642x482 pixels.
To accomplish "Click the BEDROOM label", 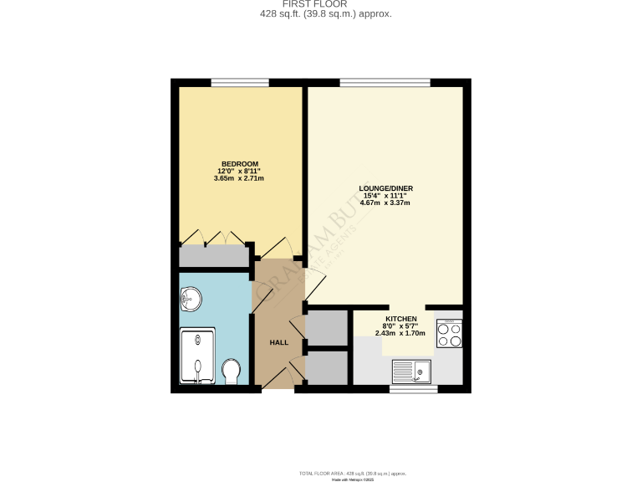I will click(x=239, y=163).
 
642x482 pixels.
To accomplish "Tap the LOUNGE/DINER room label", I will click(x=385, y=188).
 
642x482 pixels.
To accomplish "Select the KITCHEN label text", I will click(x=400, y=320).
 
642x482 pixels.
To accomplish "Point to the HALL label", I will click(x=278, y=342).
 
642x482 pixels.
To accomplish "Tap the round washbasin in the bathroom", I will click(x=190, y=298).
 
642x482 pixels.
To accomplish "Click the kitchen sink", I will click(x=411, y=370).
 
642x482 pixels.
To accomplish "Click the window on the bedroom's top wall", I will click(x=239, y=82).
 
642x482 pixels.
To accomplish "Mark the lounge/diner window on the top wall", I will click(x=385, y=82).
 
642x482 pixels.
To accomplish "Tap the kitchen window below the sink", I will click(x=413, y=389).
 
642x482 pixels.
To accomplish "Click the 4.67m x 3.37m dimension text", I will click(x=385, y=203).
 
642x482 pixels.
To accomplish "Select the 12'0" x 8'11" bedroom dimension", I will click(x=239, y=171).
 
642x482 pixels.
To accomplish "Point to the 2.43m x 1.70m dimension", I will click(x=400, y=333).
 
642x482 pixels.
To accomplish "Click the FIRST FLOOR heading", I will click(x=321, y=4).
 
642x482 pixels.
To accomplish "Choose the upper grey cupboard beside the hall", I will click(x=326, y=328).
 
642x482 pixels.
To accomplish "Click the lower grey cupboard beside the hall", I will click(x=326, y=367).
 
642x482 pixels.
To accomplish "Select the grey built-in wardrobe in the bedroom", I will click(x=215, y=256).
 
